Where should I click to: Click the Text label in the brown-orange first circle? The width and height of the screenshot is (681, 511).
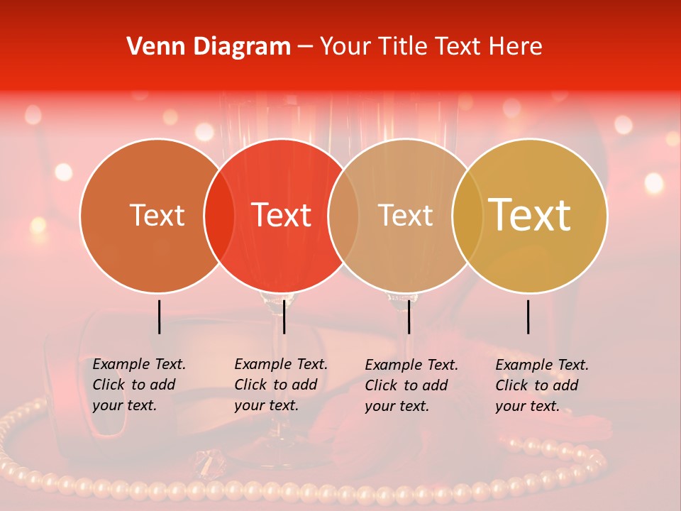[157, 215]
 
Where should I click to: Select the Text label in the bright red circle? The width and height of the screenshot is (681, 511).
[282, 215]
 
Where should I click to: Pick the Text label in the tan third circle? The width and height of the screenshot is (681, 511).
[405, 215]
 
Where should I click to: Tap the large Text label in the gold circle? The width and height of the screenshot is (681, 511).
[530, 215]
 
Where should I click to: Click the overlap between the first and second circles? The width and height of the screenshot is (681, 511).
[219, 216]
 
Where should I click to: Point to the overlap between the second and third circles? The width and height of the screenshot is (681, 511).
[343, 216]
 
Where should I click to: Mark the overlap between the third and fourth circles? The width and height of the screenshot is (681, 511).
[467, 216]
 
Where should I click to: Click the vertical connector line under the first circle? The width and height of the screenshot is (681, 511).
[160, 317]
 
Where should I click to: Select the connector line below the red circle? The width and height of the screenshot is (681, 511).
[284, 317]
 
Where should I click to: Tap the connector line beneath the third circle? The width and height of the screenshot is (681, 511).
[409, 317]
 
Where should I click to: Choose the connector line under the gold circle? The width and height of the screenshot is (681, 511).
[528, 317]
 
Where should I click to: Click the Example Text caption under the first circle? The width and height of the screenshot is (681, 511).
[138, 385]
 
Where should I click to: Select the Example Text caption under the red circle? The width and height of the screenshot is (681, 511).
[280, 385]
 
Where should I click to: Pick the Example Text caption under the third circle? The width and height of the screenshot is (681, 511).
[411, 385]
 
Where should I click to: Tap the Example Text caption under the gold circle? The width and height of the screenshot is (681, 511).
[541, 385]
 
